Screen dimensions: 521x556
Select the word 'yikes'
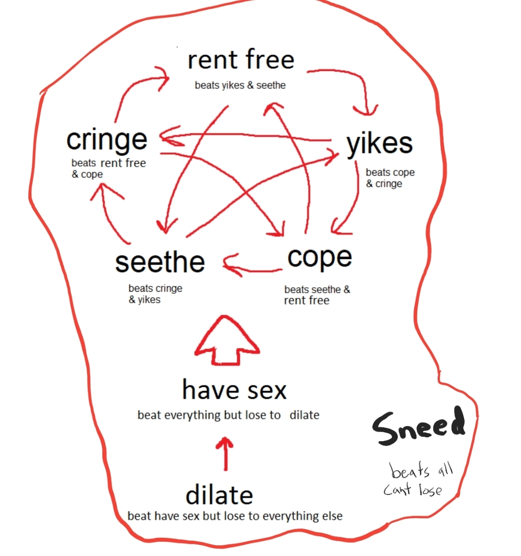pos(380,144)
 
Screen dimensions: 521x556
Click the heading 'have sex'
pos(235,390)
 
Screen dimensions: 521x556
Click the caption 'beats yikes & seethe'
pos(240,85)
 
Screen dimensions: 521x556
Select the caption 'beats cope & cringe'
pos(390,178)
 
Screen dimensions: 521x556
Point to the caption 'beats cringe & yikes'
pos(155,294)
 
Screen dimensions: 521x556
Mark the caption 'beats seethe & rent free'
pos(317,295)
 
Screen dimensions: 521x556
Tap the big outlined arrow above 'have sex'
pos(227,340)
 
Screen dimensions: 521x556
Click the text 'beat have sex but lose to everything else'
pos(235,516)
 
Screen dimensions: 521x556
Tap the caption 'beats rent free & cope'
pos(108,168)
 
